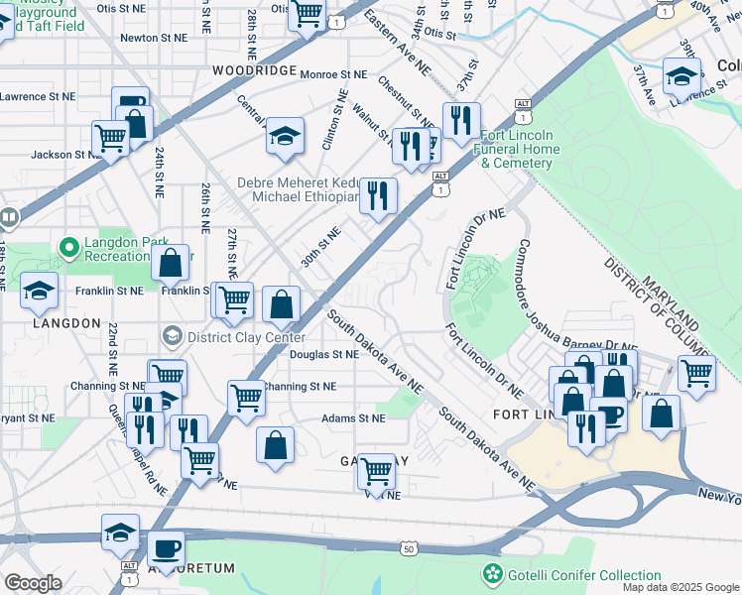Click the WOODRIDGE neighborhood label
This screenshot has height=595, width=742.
click(254, 71)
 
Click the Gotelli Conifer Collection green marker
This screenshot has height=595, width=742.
click(491, 574)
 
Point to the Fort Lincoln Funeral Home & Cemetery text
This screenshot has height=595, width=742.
click(520, 150)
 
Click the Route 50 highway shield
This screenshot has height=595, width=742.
click(408, 547)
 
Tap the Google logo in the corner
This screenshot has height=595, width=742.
click(33, 583)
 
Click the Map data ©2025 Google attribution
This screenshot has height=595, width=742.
click(680, 587)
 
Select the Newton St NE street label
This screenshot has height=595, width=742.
click(153, 38)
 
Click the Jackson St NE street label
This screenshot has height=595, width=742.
click(65, 155)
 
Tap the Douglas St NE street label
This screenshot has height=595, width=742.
click(323, 354)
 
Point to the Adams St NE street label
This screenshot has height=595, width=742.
click(352, 418)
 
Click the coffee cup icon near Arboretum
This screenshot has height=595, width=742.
click(166, 547)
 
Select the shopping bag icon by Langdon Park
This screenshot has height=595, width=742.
click(171, 263)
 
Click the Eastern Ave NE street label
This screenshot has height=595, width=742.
click(396, 43)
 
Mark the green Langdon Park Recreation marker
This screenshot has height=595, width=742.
click(68, 245)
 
